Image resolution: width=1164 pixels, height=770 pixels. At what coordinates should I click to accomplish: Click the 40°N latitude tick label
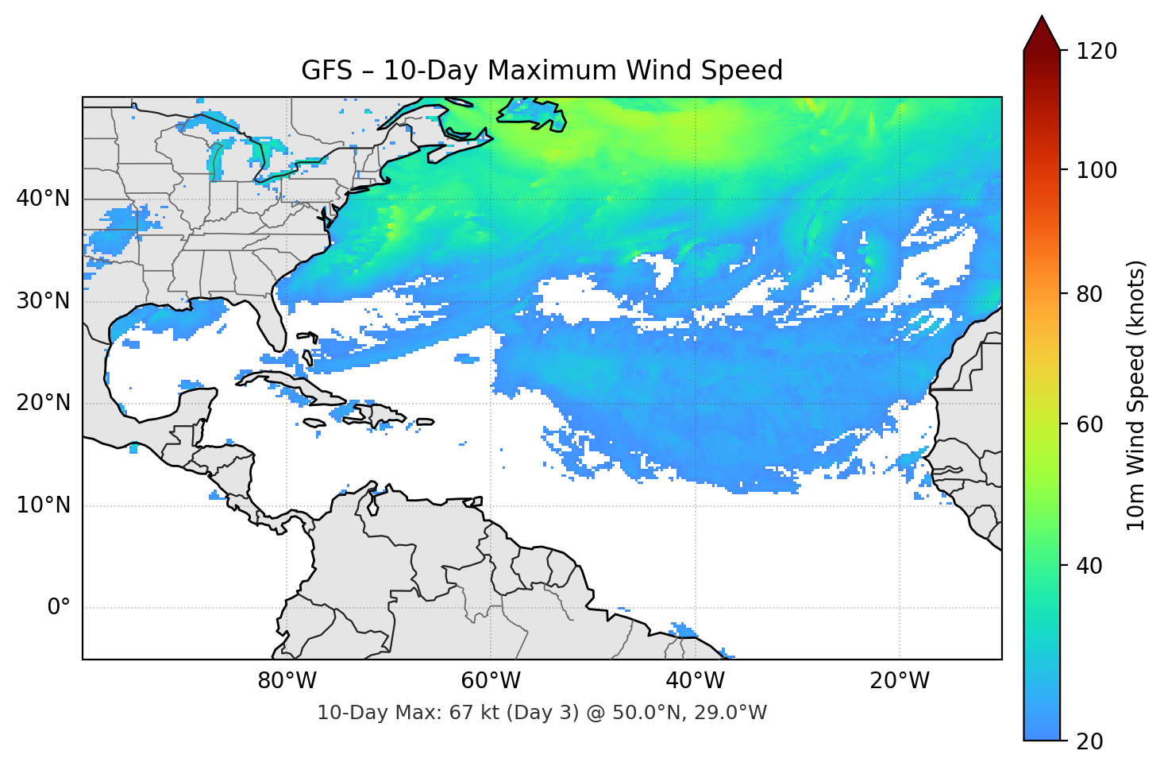pos(43,199)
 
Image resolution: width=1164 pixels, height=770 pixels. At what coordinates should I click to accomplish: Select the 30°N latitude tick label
pos(43,301)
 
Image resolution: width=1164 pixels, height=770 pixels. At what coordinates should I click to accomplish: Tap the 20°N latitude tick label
pos(43,403)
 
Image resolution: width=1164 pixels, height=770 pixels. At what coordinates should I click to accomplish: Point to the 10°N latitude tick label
pos(43,505)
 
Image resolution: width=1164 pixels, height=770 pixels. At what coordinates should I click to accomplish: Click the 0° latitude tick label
pos(59,608)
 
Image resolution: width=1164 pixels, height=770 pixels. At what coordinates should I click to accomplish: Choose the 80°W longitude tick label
pos(287,681)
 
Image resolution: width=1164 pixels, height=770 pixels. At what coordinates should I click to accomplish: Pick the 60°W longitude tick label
pos(491,681)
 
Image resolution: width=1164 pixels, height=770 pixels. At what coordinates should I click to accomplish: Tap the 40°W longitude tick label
pos(696,681)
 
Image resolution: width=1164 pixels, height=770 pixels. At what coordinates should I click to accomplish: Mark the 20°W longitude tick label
pos(900,681)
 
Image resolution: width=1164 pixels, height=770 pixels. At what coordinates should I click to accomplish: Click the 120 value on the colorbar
pos(1097,52)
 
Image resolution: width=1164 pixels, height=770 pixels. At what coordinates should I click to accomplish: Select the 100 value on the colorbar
pos(1097,170)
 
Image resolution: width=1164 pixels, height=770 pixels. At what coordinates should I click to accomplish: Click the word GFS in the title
pos(326,71)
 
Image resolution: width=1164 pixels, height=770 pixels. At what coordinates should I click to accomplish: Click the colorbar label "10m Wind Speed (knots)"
pos(1136,395)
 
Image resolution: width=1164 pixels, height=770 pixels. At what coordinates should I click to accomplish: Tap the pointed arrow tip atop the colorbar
pos(1042,17)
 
